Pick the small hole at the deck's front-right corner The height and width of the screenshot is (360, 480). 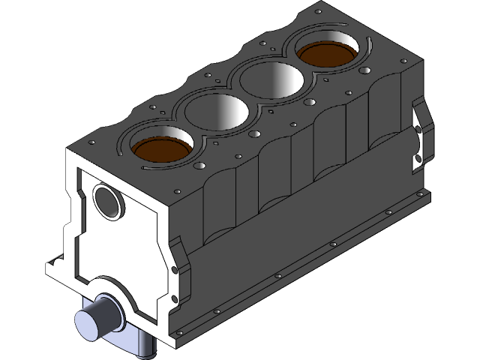[177, 192]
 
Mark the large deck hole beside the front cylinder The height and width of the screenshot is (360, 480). [200, 165]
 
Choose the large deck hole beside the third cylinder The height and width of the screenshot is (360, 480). [309, 100]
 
